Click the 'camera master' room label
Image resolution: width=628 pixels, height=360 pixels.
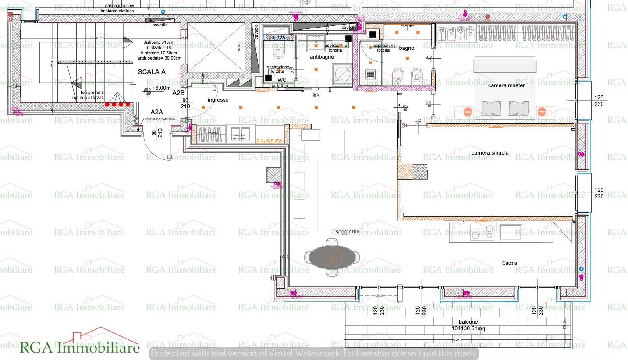click(x=506, y=85)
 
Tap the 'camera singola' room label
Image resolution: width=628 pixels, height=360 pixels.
click(x=490, y=153)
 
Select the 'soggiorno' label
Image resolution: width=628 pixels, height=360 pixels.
click(x=348, y=231)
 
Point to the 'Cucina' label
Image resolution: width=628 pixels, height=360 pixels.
click(x=510, y=263)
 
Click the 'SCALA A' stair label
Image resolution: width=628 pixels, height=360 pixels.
click(x=152, y=72)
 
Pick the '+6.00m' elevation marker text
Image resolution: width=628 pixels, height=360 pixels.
click(x=161, y=88)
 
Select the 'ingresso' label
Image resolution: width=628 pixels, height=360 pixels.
click(x=218, y=100)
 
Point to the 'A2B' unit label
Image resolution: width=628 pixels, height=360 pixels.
click(x=178, y=93)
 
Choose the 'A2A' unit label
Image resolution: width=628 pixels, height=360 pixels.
click(x=157, y=112)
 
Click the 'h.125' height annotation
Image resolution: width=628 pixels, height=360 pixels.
click(x=279, y=38)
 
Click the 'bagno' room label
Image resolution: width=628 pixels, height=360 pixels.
click(x=406, y=48)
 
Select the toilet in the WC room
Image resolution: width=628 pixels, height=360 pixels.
click(x=278, y=52)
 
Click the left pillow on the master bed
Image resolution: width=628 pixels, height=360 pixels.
click(x=491, y=106)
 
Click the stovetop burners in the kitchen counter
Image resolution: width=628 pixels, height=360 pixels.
click(x=482, y=232)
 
